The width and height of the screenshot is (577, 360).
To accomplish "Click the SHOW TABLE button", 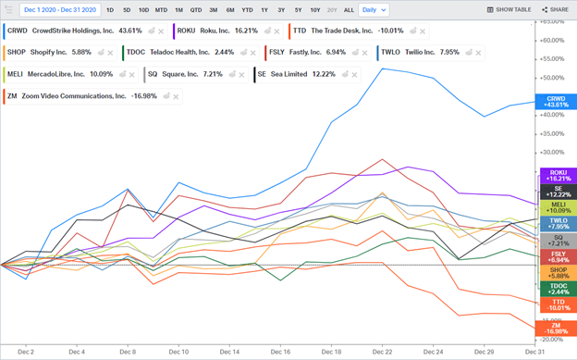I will pyautogui.click(x=509, y=9).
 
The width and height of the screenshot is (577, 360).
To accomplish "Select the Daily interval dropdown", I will pyautogui.click(x=373, y=9).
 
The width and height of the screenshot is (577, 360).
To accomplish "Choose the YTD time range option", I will pyautogui.click(x=247, y=9).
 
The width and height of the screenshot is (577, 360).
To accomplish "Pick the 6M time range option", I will pyautogui.click(x=230, y=9).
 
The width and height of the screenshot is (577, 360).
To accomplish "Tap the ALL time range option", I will pyautogui.click(x=348, y=9).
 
